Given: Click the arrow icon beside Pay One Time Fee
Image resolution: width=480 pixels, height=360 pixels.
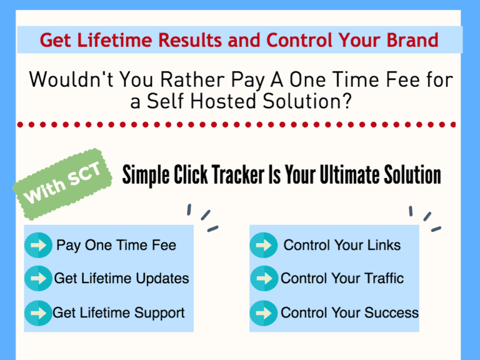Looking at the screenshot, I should tap(38, 245).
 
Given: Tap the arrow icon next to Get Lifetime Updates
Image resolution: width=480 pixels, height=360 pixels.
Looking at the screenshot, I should tap(38, 279).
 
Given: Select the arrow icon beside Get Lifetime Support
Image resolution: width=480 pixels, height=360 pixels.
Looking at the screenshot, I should tap(38, 312).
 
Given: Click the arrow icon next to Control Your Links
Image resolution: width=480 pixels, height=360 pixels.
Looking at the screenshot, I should tap(263, 245).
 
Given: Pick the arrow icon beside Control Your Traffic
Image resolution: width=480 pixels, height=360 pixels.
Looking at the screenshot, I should tap(263, 279).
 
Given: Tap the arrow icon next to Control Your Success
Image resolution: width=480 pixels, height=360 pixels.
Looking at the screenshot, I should tap(263, 312).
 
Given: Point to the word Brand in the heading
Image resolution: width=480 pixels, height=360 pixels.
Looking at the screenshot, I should tap(411, 40).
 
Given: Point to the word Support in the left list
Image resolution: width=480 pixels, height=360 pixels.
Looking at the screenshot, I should tap(161, 312).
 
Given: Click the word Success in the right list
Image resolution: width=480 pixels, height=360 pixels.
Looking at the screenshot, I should tap(392, 312).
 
